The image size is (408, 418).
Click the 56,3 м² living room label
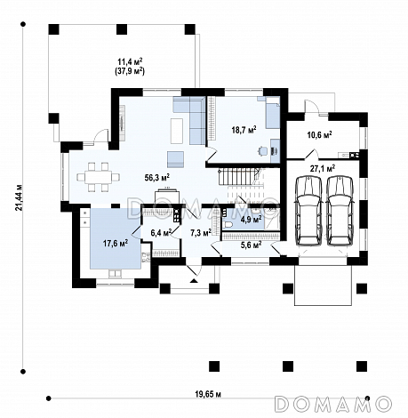[156, 177]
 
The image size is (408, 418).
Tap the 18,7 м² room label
[244, 130]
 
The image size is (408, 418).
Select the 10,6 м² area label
[319, 134]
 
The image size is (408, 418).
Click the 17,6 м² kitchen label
[116, 243]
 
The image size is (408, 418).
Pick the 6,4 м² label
[162, 232]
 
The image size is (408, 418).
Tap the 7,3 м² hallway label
[201, 232]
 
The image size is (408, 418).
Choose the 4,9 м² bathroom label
[251, 220]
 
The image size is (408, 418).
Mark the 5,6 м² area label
[251, 245]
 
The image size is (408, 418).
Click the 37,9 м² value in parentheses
[130, 71]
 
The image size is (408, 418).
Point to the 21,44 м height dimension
[20, 197]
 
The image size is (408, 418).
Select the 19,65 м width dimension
[208, 394]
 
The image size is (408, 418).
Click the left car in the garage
[308, 210]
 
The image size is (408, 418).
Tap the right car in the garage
[340, 210]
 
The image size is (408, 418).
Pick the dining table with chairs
[99, 177]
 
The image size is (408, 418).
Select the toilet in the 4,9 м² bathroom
[228, 225]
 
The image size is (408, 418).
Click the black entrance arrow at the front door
[194, 280]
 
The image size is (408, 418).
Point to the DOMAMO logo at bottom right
[333, 404]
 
